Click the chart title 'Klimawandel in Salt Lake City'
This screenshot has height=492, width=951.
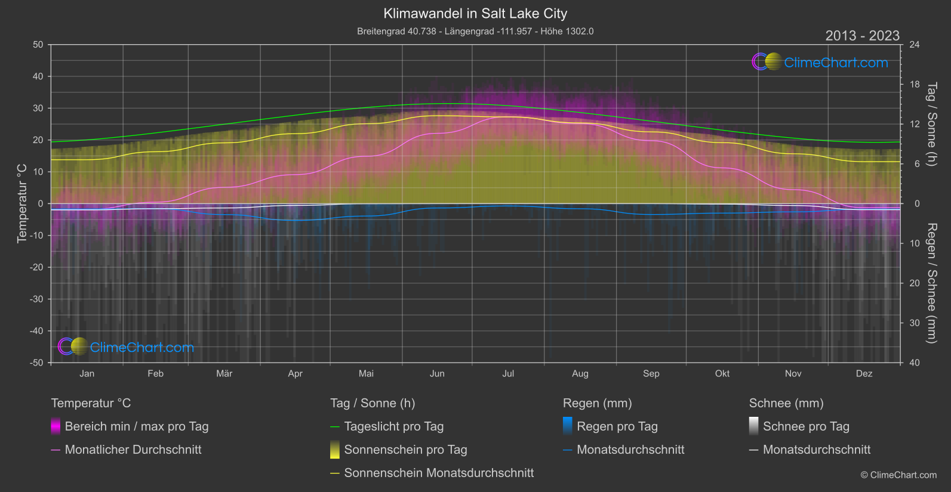(x=475, y=14)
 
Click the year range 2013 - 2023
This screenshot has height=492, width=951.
(x=862, y=36)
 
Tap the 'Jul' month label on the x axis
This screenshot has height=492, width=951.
(x=508, y=374)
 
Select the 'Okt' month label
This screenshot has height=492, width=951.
(x=722, y=374)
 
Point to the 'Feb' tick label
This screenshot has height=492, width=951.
(x=155, y=374)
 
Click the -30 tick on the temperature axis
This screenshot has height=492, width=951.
(x=37, y=299)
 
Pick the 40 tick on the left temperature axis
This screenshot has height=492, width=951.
(x=38, y=76)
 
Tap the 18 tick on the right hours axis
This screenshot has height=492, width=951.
(x=915, y=85)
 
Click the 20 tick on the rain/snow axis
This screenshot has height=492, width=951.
(x=915, y=283)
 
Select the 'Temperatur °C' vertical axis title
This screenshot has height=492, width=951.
(x=22, y=203)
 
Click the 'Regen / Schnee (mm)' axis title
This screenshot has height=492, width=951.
(x=931, y=283)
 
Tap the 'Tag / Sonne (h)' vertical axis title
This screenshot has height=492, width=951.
(x=931, y=124)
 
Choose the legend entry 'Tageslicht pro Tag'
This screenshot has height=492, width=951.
(x=394, y=426)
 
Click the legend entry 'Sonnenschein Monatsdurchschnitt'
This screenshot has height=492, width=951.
(x=439, y=473)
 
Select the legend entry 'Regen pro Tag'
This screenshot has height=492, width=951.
(x=617, y=426)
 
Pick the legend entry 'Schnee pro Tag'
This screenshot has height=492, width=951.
(x=806, y=426)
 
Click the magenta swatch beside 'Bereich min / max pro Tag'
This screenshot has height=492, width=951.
(x=56, y=426)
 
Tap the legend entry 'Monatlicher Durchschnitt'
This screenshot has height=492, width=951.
(x=133, y=450)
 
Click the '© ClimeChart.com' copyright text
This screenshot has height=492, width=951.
(x=898, y=475)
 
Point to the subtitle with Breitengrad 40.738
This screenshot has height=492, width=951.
(x=475, y=32)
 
